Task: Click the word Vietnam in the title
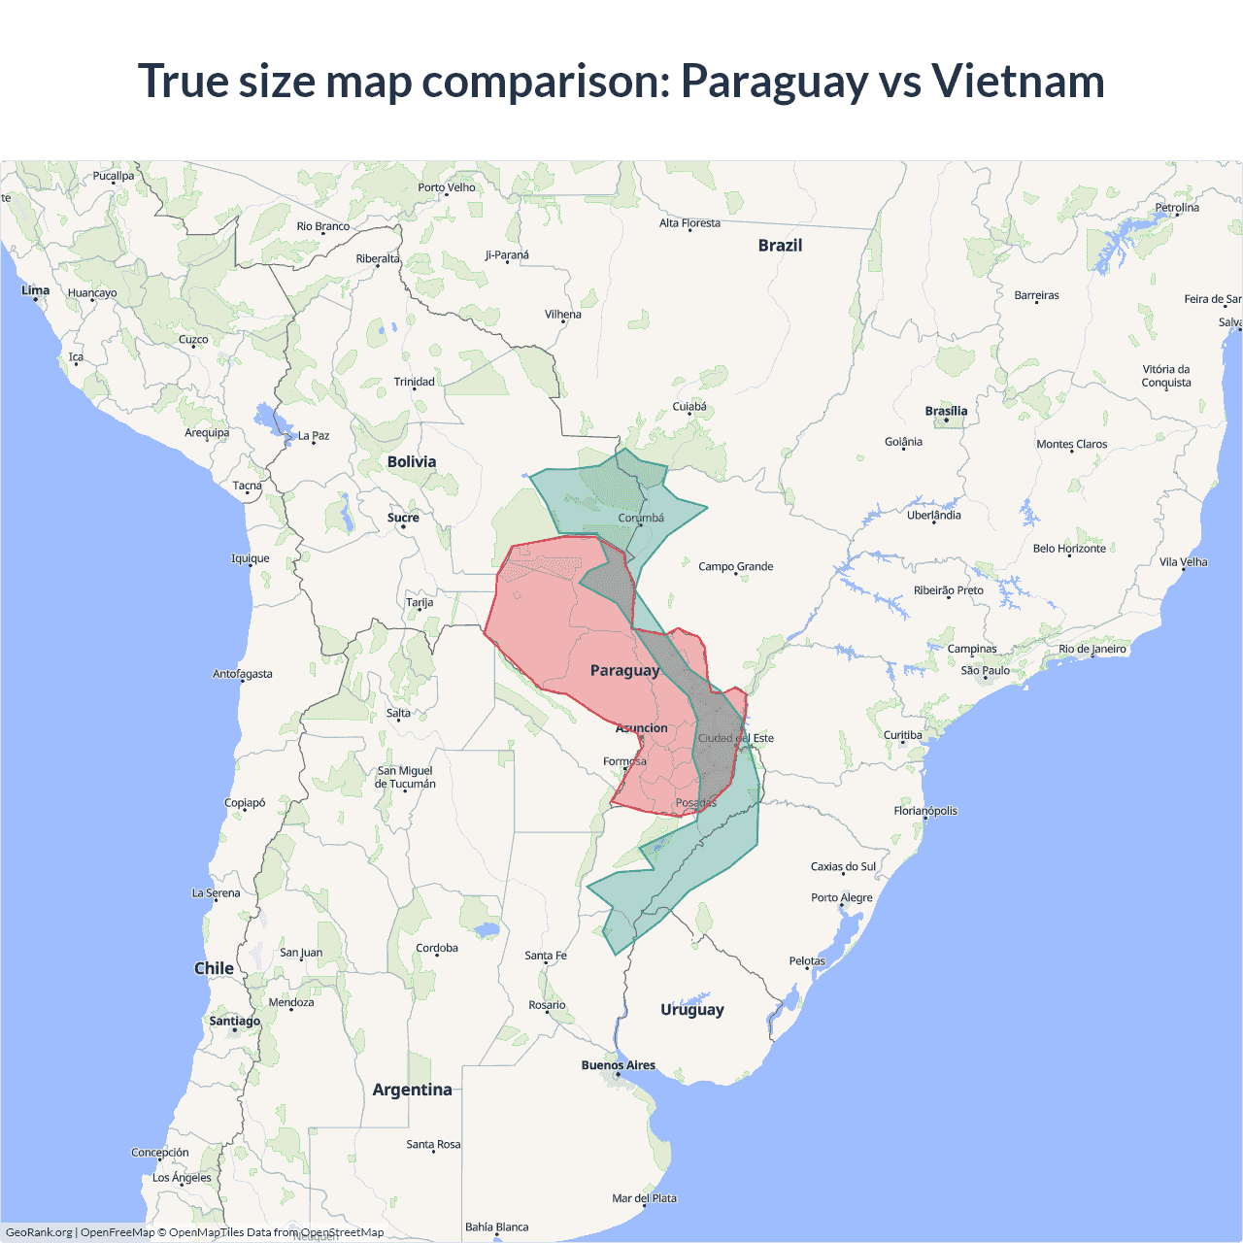1018,81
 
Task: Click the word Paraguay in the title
774,81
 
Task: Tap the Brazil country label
780,246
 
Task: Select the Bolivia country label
412,462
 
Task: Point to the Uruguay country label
692,1010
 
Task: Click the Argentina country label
412,1090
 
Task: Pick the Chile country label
214,968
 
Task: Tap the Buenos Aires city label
619,1065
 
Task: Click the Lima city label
36,290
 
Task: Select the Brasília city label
946,411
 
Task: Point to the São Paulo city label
985,670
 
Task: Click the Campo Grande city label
736,566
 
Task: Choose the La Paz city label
314,436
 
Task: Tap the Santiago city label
235,1021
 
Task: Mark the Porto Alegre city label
842,897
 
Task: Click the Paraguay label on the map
624,671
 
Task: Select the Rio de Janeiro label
1092,649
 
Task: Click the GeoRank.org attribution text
39,1232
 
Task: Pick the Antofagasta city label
243,674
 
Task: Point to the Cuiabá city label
689,407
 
